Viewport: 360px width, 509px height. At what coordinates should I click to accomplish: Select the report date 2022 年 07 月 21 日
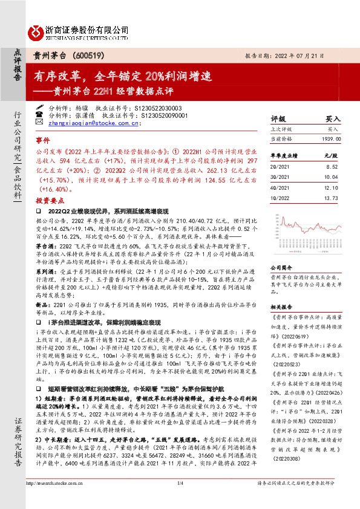click(311, 56)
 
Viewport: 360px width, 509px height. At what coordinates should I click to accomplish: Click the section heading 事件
click(44, 138)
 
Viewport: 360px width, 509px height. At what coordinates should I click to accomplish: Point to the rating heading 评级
click(278, 120)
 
